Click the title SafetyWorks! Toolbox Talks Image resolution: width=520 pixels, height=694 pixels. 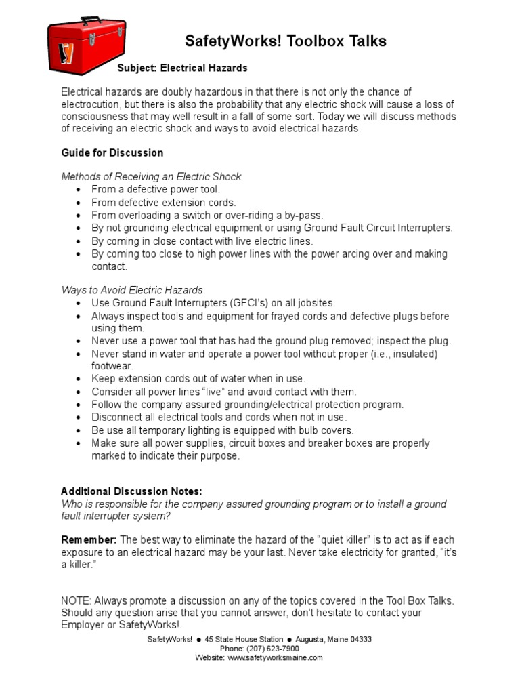(286, 41)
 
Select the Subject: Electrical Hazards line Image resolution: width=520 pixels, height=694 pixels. (183, 68)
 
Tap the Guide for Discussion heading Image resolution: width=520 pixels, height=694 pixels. (112, 152)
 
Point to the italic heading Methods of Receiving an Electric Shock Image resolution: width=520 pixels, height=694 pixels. (151, 176)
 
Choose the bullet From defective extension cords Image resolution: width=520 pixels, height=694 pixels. (164, 202)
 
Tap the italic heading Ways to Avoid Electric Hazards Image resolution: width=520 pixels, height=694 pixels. (132, 290)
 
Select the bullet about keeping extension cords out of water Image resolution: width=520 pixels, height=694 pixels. (198, 378)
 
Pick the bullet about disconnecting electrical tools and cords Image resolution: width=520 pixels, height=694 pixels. (219, 417)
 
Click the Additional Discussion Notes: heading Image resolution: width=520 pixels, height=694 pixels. (131, 491)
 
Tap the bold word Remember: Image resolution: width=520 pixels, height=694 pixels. (89, 539)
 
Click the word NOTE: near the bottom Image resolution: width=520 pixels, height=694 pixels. (76, 600)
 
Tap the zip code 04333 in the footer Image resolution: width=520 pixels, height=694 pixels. (359, 639)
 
